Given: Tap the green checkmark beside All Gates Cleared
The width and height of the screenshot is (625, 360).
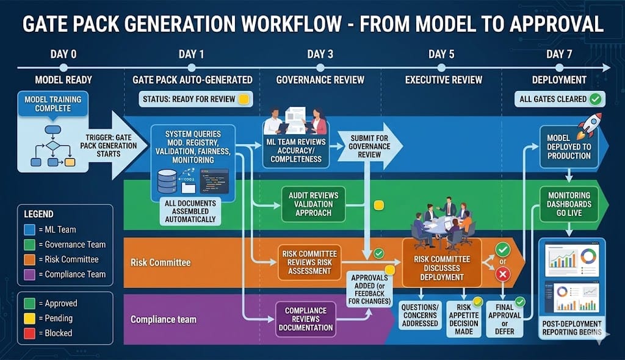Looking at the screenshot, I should [595, 99].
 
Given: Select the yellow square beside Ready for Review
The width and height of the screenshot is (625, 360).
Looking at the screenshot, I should [244, 99].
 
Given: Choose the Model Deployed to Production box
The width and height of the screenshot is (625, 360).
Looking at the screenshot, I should [569, 147].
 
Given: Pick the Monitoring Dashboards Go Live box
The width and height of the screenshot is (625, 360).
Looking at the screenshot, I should [569, 204].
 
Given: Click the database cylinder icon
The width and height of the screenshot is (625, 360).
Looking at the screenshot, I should [167, 180].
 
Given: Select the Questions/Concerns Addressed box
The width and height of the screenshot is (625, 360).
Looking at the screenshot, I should [421, 315].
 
